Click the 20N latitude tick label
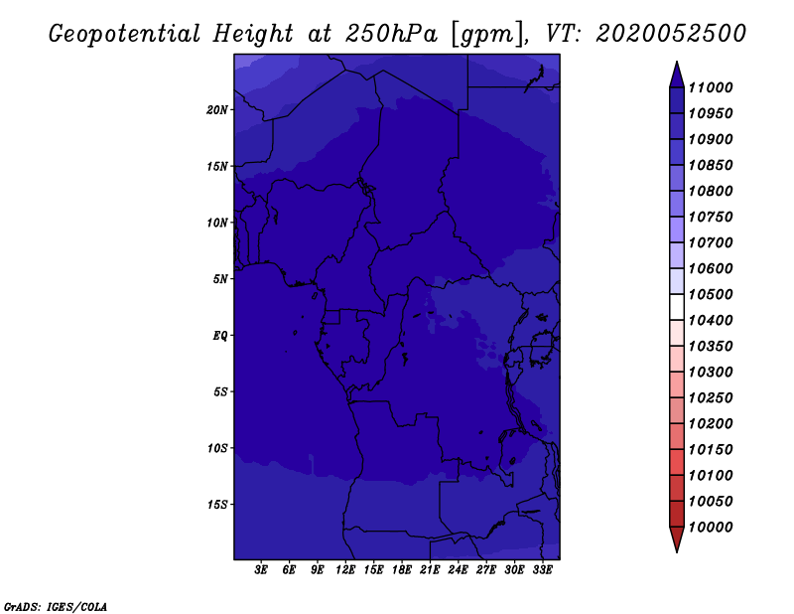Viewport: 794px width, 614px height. pos(216,110)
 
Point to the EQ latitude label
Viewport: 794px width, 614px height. pos(219,336)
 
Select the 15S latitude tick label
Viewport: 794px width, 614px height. pos(216,505)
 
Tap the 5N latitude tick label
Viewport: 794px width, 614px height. pos(220,279)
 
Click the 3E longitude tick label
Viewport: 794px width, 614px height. pos(261,570)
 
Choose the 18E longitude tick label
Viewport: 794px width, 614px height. pos(402,570)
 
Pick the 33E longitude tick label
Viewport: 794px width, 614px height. pos(542,570)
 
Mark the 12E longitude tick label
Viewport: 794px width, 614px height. pos(345,570)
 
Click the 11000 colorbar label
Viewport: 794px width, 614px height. pos(711,87)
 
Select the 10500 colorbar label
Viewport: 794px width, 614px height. pos(711,294)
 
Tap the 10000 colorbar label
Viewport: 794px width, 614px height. pos(711,528)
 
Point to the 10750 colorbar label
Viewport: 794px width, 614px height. pos(711,217)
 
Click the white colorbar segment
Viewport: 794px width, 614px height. pos(677,307)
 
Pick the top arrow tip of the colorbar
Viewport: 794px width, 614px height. pos(677,62)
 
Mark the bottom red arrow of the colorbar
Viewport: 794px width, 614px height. pos(677,539)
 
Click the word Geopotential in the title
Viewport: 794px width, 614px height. pos(125,35)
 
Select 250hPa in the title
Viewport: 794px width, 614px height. pos(390,34)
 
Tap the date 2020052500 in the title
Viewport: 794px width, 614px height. pos(671,34)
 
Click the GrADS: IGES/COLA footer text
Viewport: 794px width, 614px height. pos(56,607)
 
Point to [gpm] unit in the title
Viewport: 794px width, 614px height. pos(488,35)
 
